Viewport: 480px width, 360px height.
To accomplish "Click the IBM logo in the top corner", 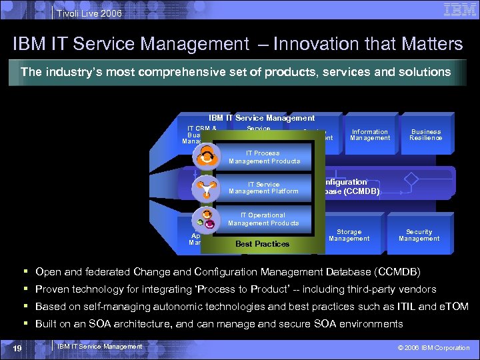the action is click(458, 10).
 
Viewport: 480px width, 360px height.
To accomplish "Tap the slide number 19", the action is click(18, 347).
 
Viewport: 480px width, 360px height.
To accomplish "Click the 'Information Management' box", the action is click(370, 135).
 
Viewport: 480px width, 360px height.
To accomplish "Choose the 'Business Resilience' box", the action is click(426, 135).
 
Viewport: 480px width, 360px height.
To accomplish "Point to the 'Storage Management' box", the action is click(349, 235).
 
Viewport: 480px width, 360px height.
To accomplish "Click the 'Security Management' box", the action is click(419, 235).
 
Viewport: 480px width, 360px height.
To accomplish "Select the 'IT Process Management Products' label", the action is click(264, 157).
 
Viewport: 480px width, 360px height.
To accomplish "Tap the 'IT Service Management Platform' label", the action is click(264, 188).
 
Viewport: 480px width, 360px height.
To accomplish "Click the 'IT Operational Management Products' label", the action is click(263, 219).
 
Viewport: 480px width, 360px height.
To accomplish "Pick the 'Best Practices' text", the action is click(262, 244).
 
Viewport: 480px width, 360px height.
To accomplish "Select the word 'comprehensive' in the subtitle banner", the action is click(188, 71).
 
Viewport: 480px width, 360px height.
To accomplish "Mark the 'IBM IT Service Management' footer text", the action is click(100, 346).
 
